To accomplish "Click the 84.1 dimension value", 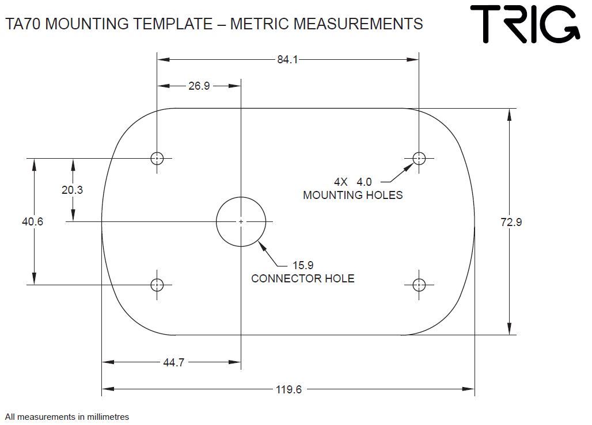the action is click(x=287, y=60).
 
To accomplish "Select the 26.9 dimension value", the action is click(x=199, y=86).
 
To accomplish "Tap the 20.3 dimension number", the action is click(x=72, y=190).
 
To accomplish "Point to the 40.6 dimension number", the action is click(x=32, y=221).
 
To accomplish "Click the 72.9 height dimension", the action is click(x=511, y=222).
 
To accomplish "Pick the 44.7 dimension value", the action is click(x=174, y=362).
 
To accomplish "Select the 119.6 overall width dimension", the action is click(x=289, y=389).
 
